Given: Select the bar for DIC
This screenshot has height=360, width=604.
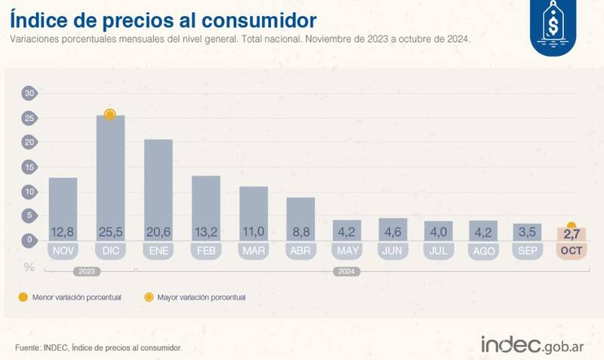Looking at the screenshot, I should pyautogui.click(x=110, y=174).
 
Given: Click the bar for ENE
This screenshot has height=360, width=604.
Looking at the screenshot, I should pyautogui.click(x=159, y=185).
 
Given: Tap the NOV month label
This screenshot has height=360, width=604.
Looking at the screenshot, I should pyautogui.click(x=63, y=251).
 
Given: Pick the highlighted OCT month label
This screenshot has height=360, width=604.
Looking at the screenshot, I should pyautogui.click(x=571, y=251).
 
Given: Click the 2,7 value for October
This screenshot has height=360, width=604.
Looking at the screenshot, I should pyautogui.click(x=571, y=235).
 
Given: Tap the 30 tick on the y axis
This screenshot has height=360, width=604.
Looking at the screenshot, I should pyautogui.click(x=29, y=94).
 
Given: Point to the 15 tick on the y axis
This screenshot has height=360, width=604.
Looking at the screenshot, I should pyautogui.click(x=29, y=167).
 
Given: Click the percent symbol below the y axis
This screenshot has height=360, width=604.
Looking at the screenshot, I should pyautogui.click(x=29, y=266).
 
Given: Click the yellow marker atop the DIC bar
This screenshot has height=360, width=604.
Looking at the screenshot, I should pyautogui.click(x=110, y=115).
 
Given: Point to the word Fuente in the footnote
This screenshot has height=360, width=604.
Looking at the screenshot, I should pyautogui.click(x=29, y=347).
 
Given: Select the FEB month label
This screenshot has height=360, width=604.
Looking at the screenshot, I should pyautogui.click(x=206, y=251).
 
